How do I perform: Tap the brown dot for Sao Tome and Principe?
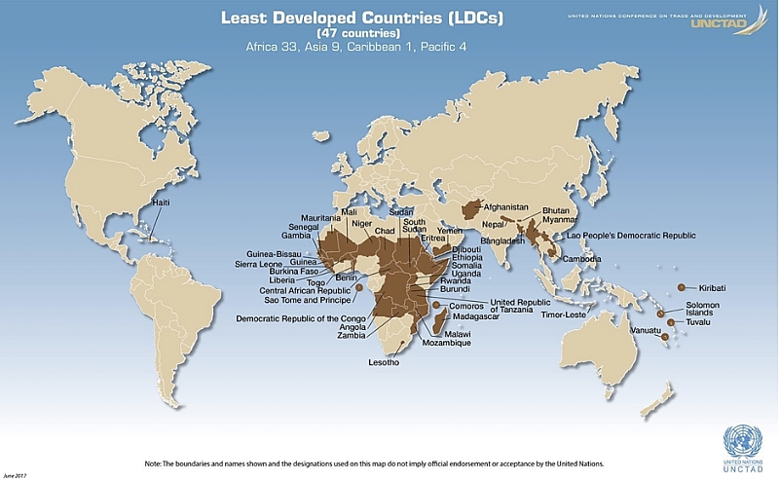point(359,288)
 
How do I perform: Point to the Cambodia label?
point(580,259)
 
